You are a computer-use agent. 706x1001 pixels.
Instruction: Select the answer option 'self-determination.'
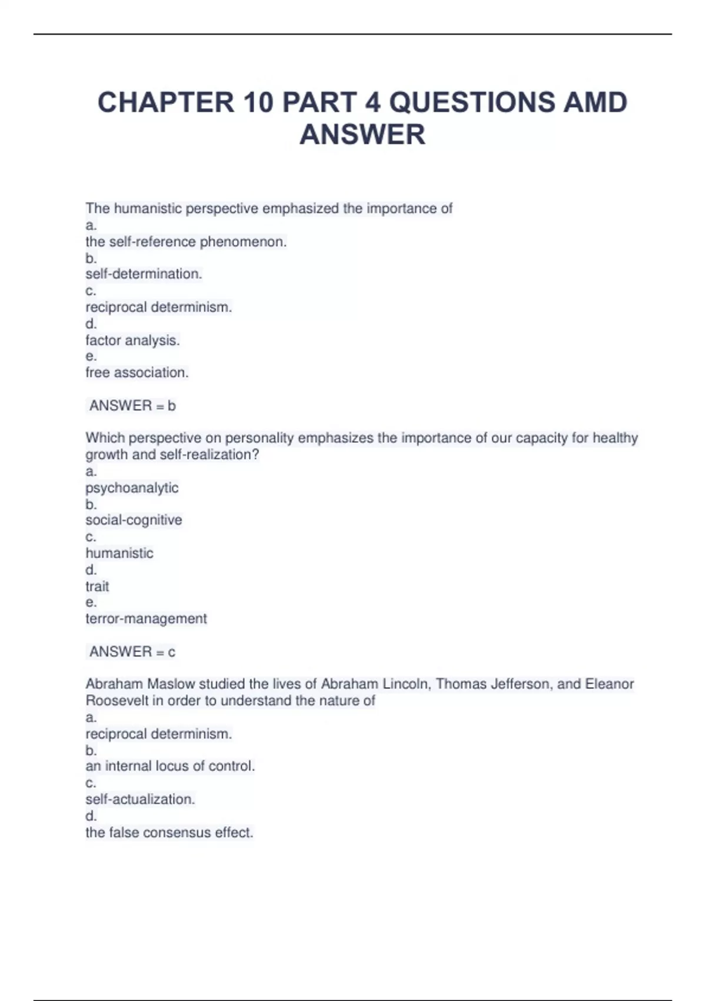144,274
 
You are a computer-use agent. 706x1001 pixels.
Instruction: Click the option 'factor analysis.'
132,340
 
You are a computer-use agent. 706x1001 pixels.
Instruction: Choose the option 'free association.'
136,373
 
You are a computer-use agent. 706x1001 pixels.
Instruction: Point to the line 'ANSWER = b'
132,406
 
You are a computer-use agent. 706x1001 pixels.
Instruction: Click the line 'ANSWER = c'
132,652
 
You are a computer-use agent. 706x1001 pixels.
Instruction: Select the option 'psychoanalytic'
132,488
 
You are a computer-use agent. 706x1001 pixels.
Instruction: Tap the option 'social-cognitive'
134,520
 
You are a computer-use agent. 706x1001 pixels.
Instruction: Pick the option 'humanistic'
119,553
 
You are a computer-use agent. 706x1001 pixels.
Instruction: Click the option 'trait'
97,586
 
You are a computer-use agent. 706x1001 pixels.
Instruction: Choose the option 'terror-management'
146,619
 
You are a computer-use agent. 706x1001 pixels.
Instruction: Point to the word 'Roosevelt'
116,701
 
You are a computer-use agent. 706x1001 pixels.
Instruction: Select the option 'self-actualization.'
140,800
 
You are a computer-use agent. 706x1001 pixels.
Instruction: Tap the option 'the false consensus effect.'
169,833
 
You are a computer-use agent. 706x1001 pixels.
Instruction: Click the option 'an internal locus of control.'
170,766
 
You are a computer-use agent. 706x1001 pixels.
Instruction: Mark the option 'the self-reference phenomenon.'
186,241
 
